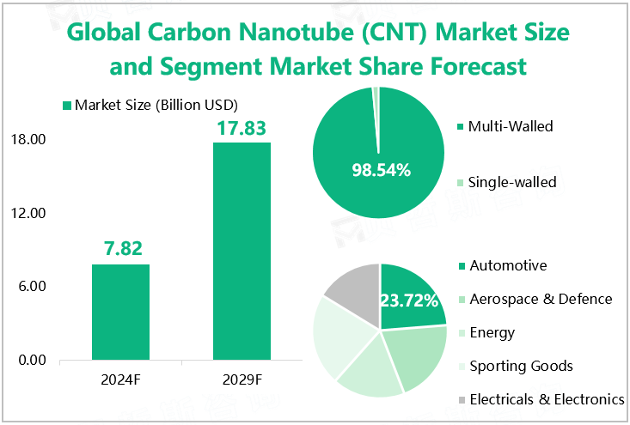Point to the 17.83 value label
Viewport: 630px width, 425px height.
click(242, 128)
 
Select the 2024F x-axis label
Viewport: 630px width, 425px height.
click(121, 379)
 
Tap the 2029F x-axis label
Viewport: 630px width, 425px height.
click(242, 379)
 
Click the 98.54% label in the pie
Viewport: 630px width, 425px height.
click(381, 170)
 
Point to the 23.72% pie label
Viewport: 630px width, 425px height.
click(410, 301)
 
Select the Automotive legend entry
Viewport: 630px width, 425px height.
click(508, 265)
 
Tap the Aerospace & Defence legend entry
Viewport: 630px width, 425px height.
click(541, 299)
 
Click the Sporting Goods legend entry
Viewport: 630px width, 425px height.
click(521, 367)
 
